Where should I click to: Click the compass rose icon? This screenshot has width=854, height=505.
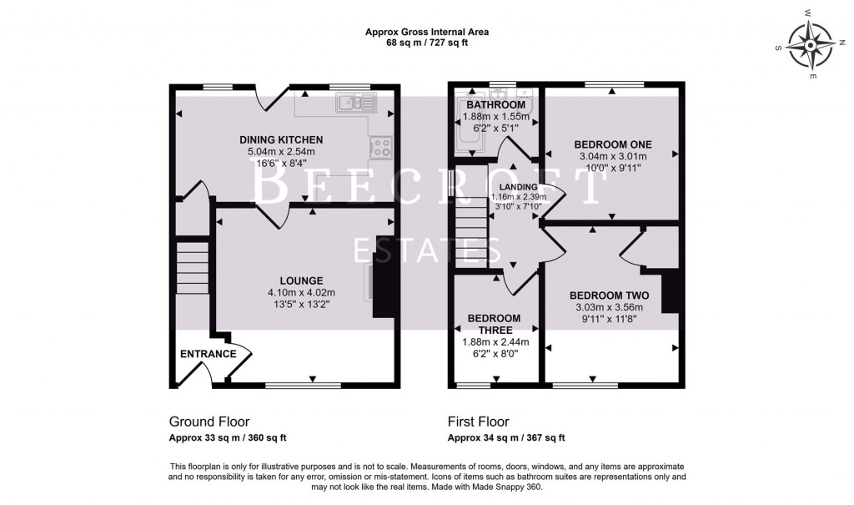(x=811, y=44)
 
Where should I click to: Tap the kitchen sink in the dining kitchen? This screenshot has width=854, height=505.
(x=356, y=103)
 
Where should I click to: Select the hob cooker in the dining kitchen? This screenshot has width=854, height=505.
(x=381, y=148)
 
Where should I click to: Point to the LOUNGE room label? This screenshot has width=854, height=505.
(x=301, y=280)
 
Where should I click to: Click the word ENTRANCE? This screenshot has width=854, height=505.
(x=208, y=354)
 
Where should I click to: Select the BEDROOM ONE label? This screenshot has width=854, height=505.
(x=612, y=142)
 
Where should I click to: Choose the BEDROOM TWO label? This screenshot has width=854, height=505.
(x=609, y=295)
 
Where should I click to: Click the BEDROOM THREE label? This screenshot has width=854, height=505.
(x=494, y=324)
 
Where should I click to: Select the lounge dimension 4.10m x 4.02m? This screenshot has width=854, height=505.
(x=301, y=292)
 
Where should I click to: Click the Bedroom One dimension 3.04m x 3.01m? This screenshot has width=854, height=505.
(x=612, y=155)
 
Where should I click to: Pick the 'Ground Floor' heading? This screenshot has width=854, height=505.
(x=208, y=422)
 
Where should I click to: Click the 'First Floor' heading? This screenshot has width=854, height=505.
(x=478, y=422)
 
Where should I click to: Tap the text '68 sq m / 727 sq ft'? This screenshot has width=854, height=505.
(x=426, y=43)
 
